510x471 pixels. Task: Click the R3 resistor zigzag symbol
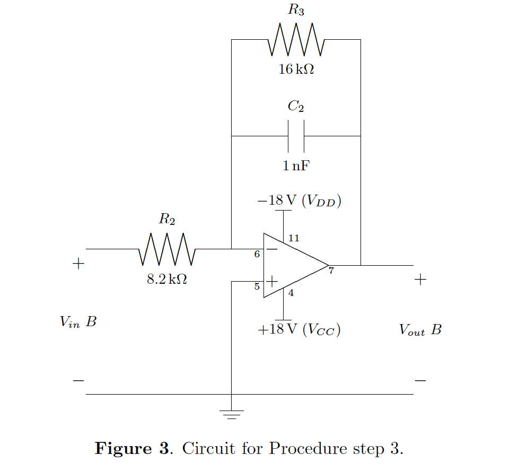(x=296, y=40)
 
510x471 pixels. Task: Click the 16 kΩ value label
(x=296, y=69)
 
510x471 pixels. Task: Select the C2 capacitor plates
(x=296, y=136)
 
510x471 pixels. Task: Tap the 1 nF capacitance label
(x=296, y=166)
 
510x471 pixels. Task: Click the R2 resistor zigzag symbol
(x=167, y=249)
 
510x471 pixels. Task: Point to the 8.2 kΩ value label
(x=167, y=279)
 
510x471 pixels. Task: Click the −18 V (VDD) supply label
(x=299, y=200)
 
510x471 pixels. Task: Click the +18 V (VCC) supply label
(x=299, y=329)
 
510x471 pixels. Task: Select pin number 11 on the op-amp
(x=293, y=238)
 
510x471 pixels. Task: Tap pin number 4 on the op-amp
(x=291, y=293)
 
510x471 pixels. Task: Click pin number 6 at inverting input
(x=257, y=255)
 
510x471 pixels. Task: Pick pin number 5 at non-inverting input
(x=257, y=287)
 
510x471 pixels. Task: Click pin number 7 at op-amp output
(x=331, y=272)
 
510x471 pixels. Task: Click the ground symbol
(x=231, y=414)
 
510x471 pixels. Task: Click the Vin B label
(x=78, y=321)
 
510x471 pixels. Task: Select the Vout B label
(x=420, y=330)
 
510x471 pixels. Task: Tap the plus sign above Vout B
(x=420, y=280)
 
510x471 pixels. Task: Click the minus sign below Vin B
(x=78, y=380)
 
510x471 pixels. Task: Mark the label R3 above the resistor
(x=296, y=10)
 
